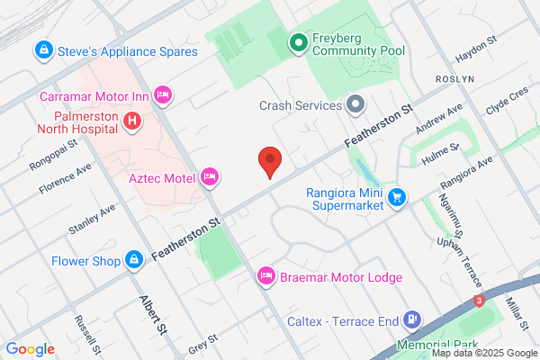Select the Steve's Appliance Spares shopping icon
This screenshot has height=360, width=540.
coord(42,50)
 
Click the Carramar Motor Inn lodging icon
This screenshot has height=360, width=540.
coord(163,94)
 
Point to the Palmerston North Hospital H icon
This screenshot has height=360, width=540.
coord(132,120)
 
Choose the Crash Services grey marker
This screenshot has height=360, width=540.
coord(355,104)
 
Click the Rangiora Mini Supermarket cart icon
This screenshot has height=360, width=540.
coord(396,196)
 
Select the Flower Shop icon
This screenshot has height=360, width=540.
coord(134,261)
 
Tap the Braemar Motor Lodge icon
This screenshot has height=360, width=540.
coord(266,275)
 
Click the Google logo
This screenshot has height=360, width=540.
coord(30,349)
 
